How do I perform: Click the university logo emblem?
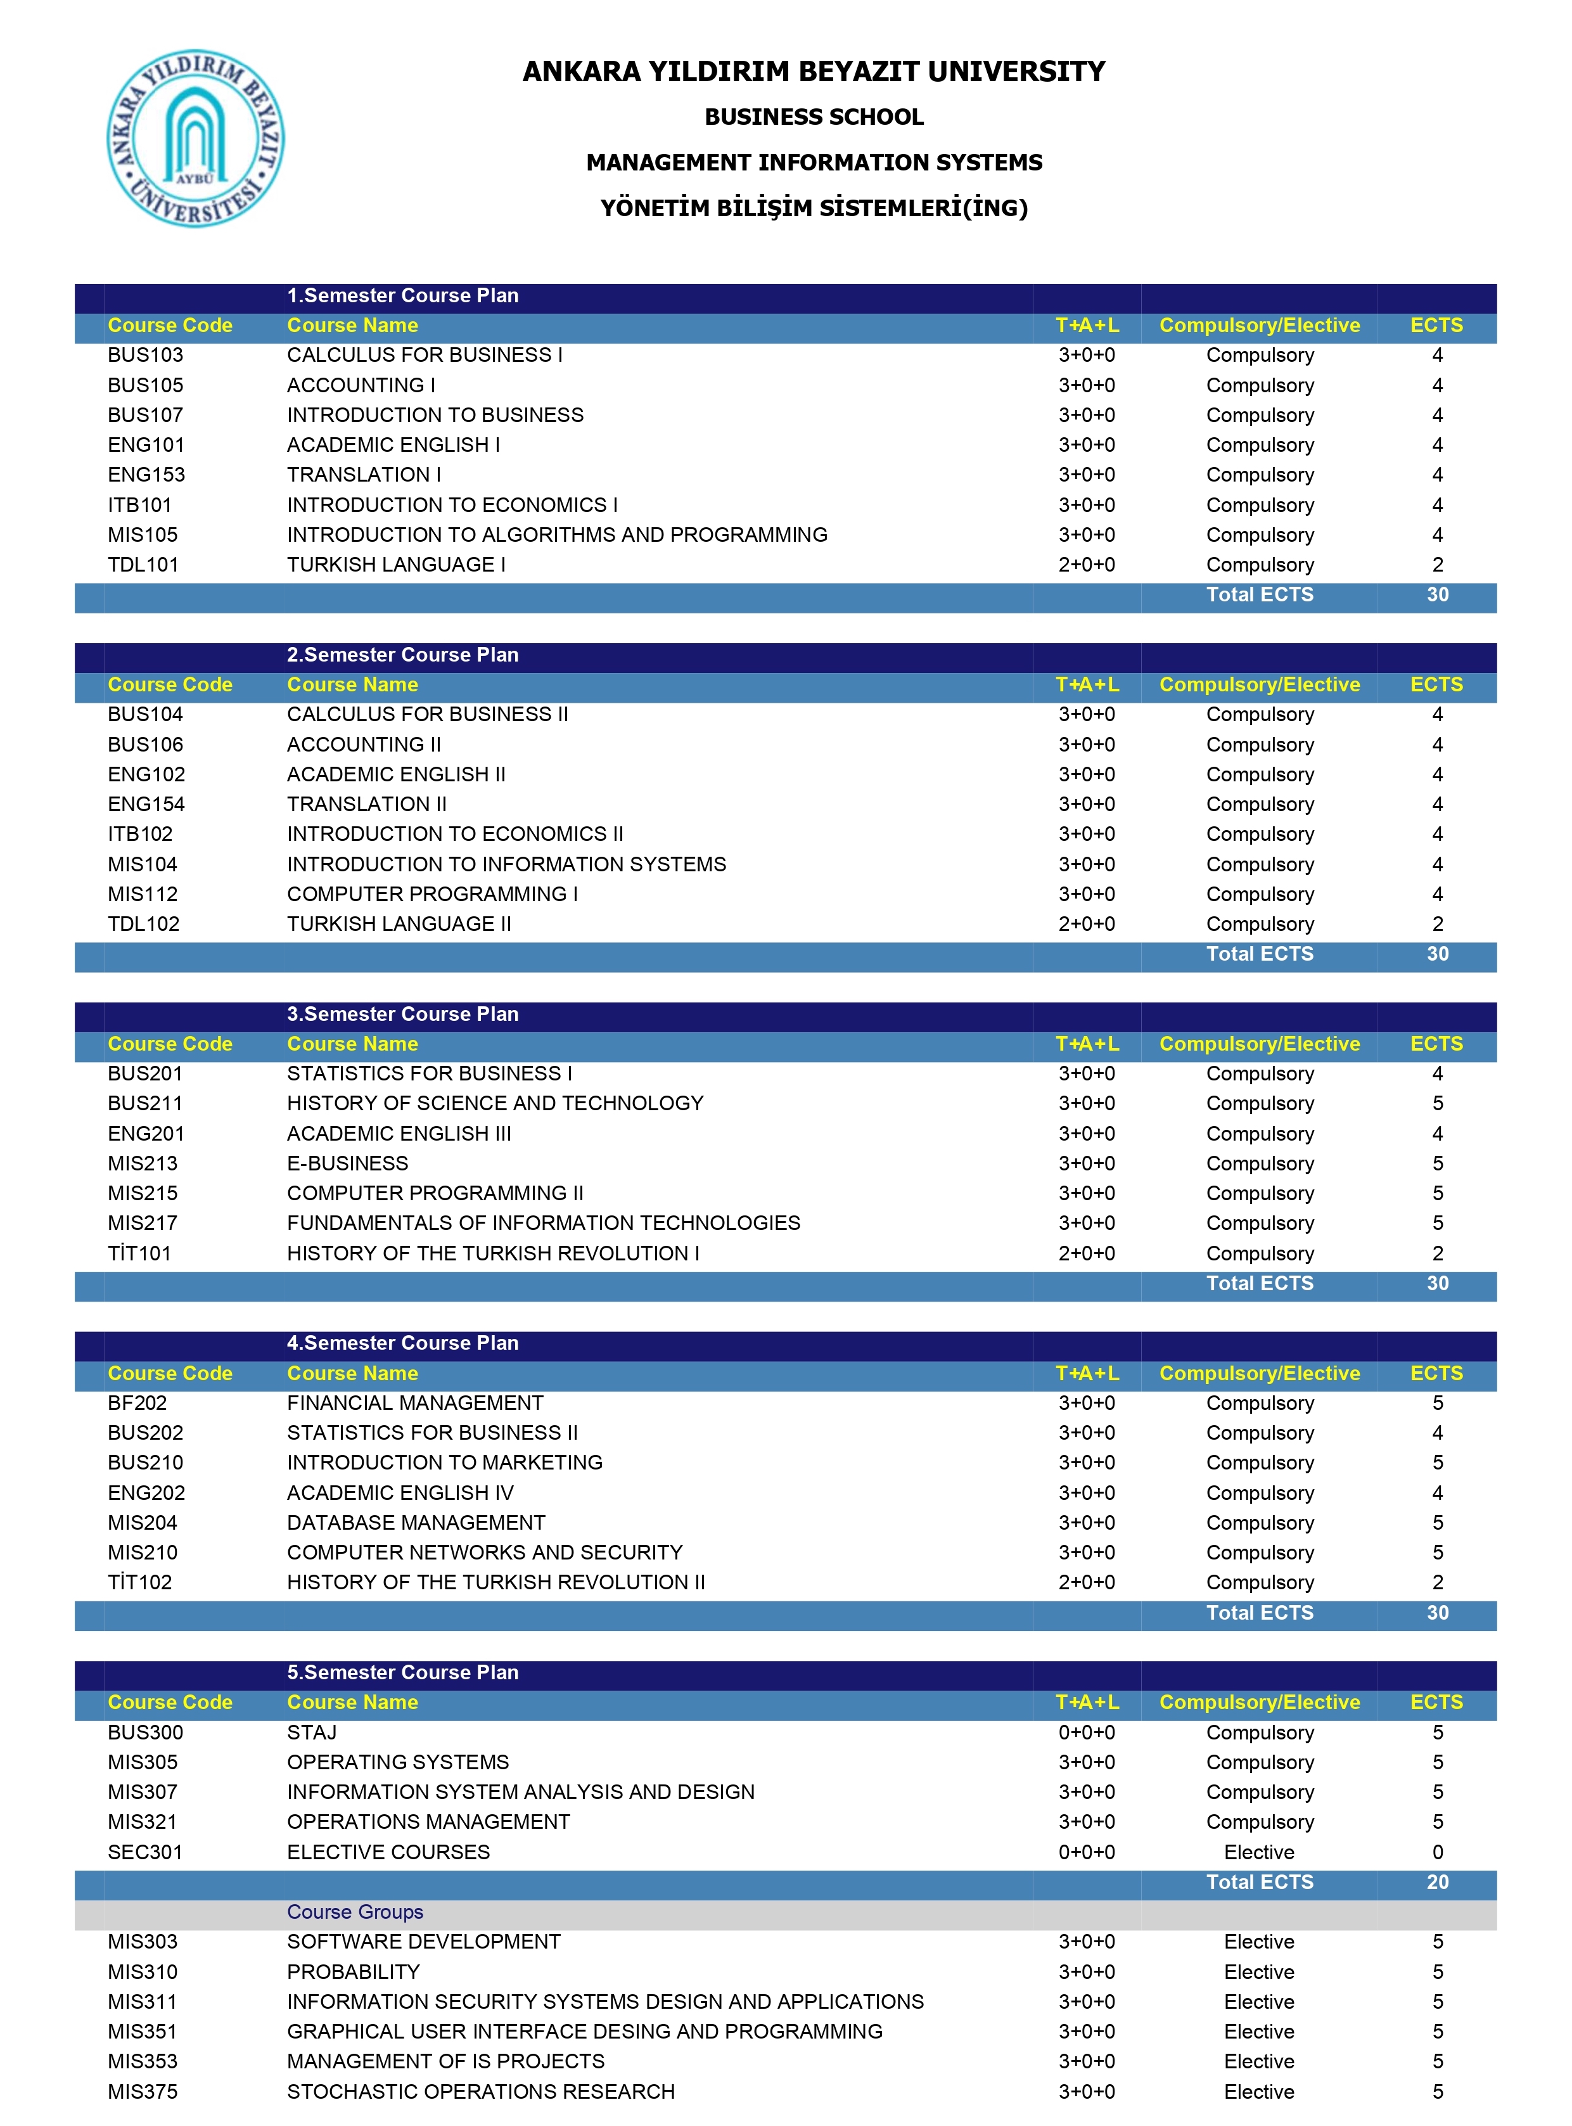[x=195, y=139]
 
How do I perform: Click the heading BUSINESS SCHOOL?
[x=814, y=117]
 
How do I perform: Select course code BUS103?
[x=146, y=355]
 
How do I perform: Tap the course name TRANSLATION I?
[x=364, y=475]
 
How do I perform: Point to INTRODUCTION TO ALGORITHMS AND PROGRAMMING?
[x=557, y=535]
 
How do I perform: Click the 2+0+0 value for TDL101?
[x=1087, y=565]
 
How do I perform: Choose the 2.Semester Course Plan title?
[x=402, y=655]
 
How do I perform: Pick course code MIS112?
[x=143, y=895]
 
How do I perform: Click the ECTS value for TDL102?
[x=1437, y=924]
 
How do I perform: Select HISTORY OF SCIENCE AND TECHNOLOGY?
[x=495, y=1104]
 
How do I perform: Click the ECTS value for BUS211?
[x=1437, y=1104]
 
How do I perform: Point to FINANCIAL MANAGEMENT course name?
[x=415, y=1404]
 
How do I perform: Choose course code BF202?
[x=137, y=1404]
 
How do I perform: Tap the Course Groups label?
[x=355, y=1912]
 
